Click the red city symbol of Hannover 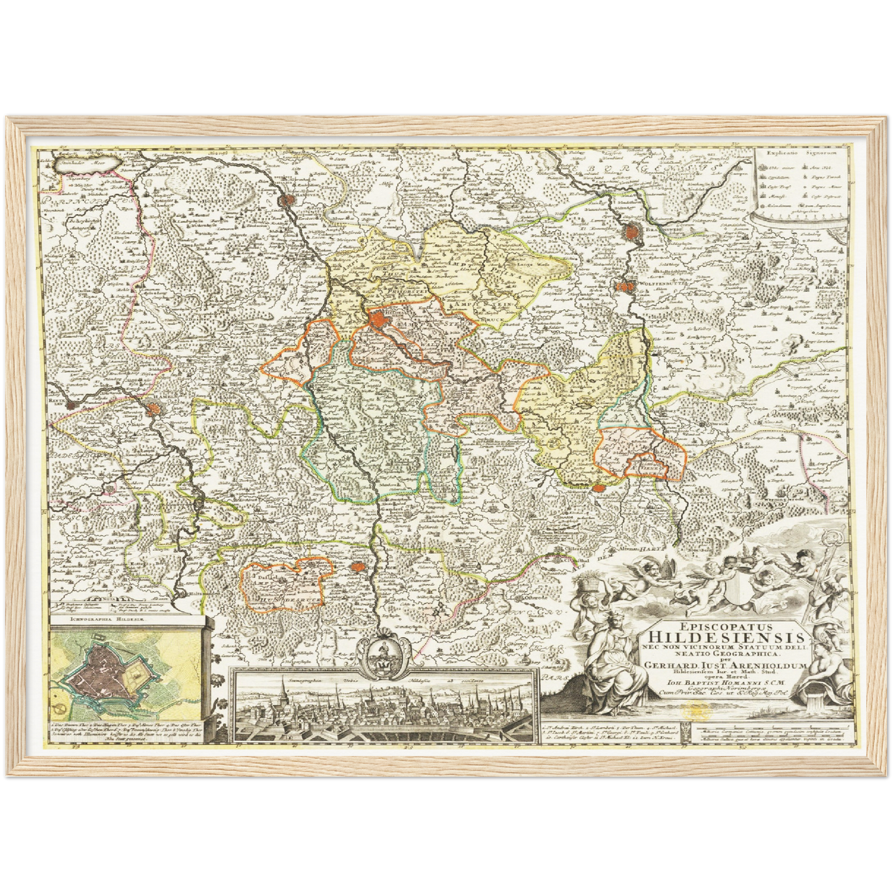pyautogui.click(x=289, y=200)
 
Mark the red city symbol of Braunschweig pyautogui.click(x=632, y=232)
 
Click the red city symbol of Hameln pyautogui.click(x=153, y=408)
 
